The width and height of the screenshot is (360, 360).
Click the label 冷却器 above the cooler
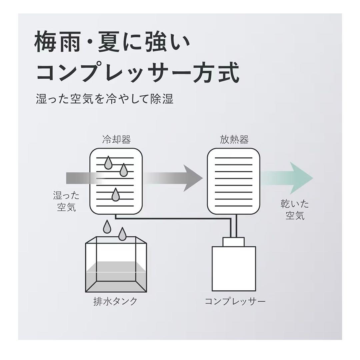coord(116,139)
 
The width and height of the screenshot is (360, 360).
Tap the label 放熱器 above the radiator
coord(234,139)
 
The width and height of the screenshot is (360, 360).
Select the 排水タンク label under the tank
coord(116,301)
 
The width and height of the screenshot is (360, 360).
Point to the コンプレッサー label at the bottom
coord(235,301)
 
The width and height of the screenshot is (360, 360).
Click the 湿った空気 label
coord(64,201)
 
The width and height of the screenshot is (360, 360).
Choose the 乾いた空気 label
coord(295,210)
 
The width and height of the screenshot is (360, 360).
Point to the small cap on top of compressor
coord(234,242)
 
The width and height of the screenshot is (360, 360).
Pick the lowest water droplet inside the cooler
coord(115,195)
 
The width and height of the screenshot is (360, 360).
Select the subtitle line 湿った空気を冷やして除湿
coord(105,99)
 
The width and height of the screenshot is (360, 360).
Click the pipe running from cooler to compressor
coord(173,219)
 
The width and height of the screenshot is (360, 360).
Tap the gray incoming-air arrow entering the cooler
coord(78,178)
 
